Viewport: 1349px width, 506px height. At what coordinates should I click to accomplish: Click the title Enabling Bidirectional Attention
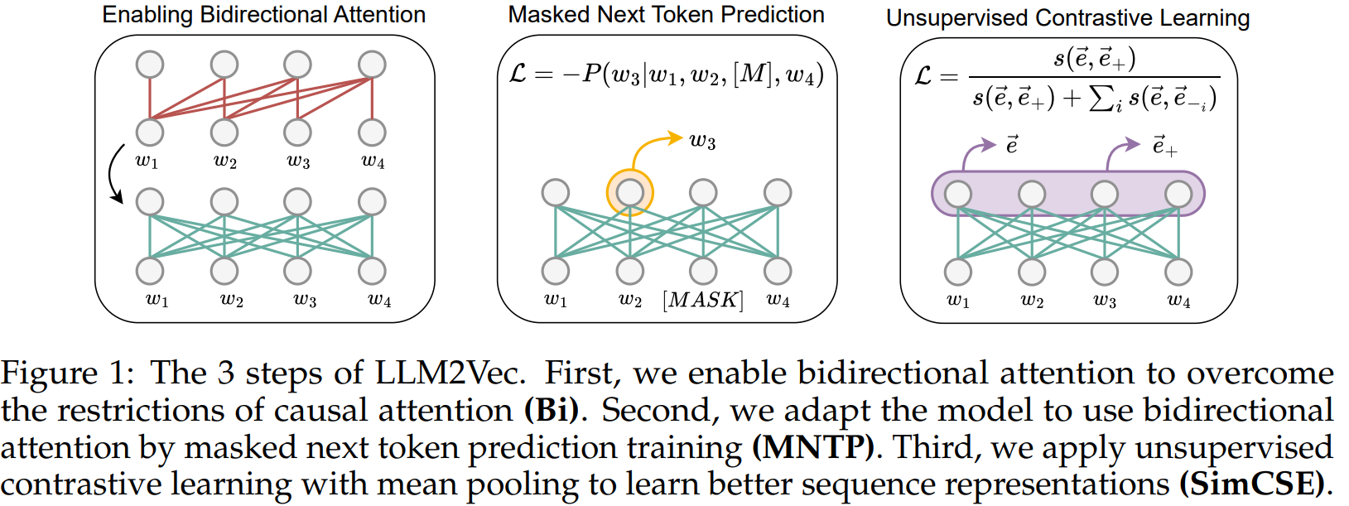[x=263, y=15]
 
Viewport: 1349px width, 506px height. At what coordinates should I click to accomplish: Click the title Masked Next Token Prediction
[x=666, y=15]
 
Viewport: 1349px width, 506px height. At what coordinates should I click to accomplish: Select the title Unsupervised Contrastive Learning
[x=1067, y=17]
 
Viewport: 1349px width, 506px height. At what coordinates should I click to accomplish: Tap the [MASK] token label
[x=703, y=299]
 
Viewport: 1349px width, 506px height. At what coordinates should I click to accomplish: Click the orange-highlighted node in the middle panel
[x=630, y=193]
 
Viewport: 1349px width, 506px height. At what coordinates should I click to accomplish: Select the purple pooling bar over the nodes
[x=1067, y=194]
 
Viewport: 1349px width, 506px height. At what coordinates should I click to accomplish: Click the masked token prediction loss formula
[x=666, y=75]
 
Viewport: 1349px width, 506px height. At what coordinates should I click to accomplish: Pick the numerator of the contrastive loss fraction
[x=1094, y=59]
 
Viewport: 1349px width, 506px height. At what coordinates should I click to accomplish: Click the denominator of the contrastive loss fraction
[x=1094, y=99]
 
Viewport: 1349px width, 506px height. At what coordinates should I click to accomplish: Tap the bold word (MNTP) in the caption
[x=812, y=448]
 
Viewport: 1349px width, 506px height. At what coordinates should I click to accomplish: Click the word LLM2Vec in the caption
[x=450, y=373]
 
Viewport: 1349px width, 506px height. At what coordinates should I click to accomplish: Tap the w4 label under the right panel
[x=1178, y=300]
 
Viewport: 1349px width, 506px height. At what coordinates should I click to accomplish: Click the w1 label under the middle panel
[x=556, y=299]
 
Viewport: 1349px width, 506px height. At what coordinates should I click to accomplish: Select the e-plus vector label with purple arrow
[x=1164, y=146]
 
